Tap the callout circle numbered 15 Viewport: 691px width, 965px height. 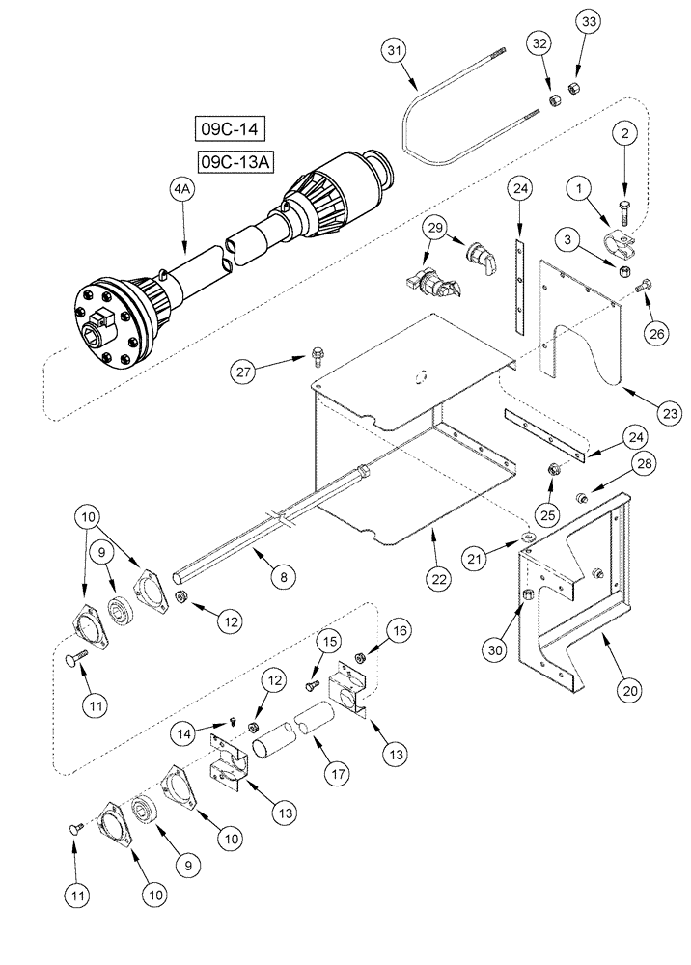click(328, 641)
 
